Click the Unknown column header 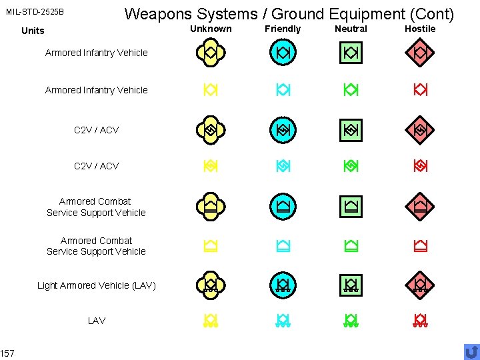click(x=211, y=29)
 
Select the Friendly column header click(x=283, y=29)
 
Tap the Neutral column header click(x=351, y=29)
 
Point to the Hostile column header click(x=420, y=29)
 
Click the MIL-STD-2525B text click(x=35, y=12)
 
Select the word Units click(x=33, y=31)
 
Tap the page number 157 click(x=7, y=352)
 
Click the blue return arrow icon click(x=471, y=351)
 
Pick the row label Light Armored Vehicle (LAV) click(x=97, y=285)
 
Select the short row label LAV click(x=97, y=321)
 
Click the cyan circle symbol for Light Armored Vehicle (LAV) click(x=283, y=285)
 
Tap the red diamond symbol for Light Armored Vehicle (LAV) click(x=420, y=285)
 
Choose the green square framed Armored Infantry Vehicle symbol click(x=351, y=53)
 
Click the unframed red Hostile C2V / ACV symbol click(x=420, y=165)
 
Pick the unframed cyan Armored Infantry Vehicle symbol click(x=283, y=89)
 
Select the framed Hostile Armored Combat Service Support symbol click(x=420, y=206)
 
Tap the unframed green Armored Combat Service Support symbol click(x=351, y=246)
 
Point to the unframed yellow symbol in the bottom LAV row click(x=211, y=321)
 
